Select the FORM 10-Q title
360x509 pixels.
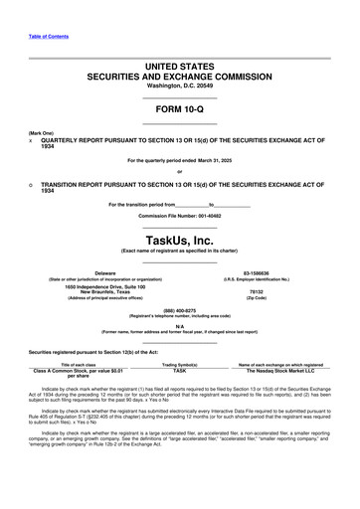pyautogui.click(x=179, y=109)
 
